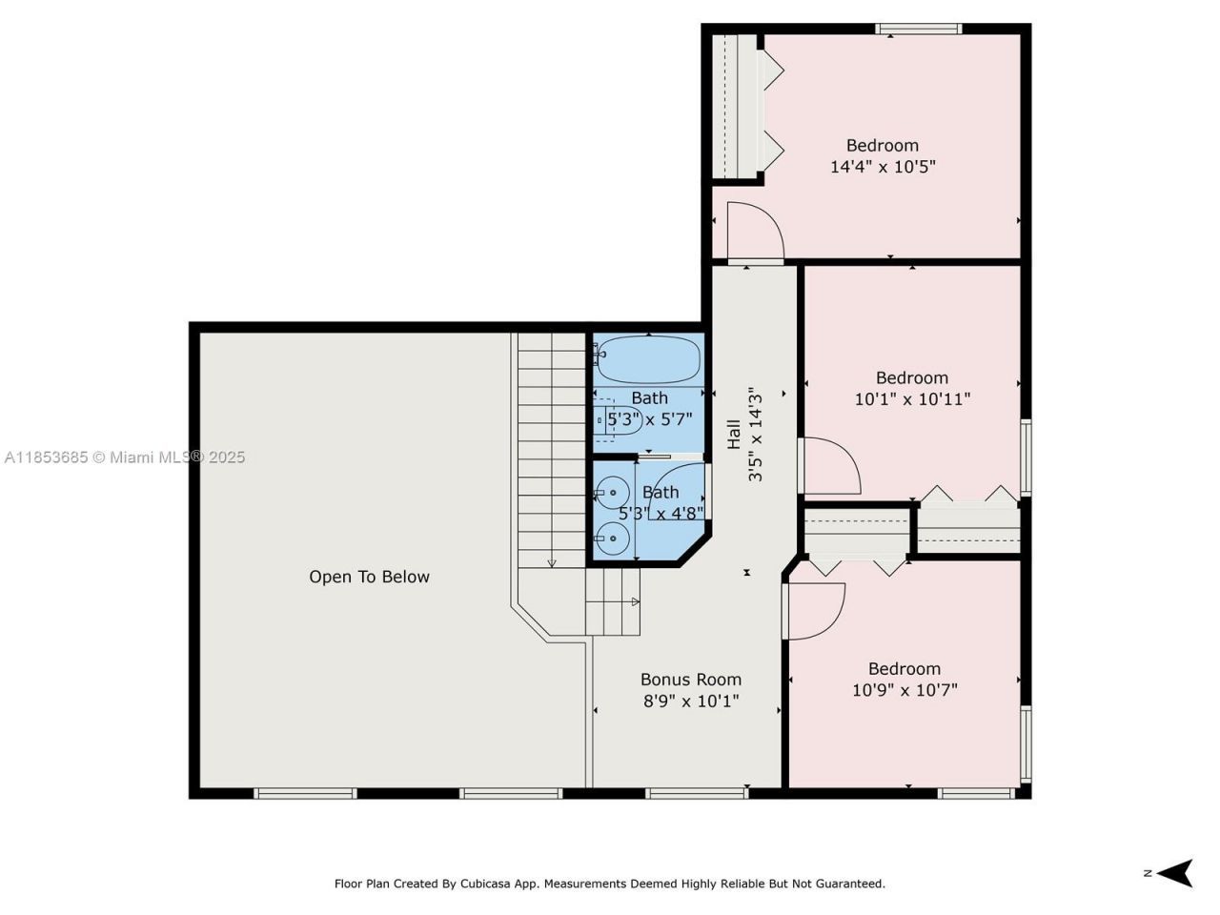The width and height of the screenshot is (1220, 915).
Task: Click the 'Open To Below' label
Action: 369,577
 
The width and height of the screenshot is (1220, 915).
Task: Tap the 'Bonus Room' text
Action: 690,680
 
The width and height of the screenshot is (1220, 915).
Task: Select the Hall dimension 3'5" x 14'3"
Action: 756,434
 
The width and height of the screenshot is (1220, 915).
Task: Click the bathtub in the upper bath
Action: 648,360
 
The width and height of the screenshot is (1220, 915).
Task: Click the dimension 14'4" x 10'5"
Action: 883,167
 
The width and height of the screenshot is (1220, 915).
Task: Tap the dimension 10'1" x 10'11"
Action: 912,399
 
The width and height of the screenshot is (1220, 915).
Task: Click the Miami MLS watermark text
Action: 124,457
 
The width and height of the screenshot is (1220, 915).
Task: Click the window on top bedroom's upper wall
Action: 919,29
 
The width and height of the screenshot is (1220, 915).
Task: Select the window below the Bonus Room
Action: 696,793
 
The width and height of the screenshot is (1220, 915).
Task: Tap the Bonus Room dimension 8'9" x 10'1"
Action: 691,701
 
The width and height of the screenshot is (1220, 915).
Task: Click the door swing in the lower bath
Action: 677,486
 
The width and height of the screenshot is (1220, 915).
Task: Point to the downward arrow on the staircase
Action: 552,562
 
